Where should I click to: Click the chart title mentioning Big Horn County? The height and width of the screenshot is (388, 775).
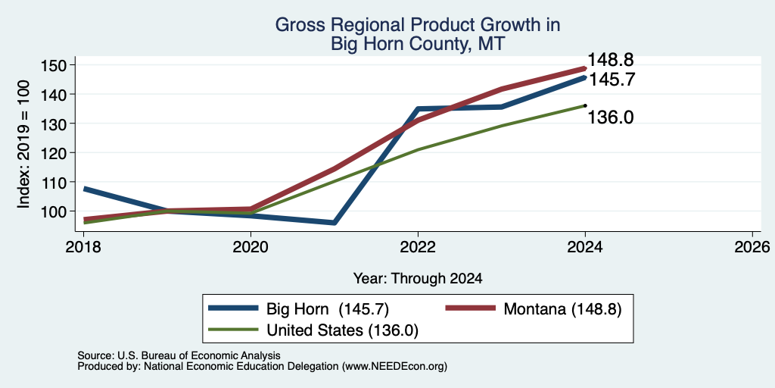(x=418, y=33)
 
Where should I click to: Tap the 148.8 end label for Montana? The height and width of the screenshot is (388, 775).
(x=611, y=60)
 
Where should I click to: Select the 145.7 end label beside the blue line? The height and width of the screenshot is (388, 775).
(x=611, y=79)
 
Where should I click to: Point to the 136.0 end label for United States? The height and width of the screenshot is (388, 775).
(x=611, y=117)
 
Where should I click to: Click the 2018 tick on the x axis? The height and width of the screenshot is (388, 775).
(x=83, y=246)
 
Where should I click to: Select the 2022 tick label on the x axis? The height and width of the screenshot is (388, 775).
(x=418, y=246)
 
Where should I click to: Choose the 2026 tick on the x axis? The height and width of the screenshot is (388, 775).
(x=752, y=246)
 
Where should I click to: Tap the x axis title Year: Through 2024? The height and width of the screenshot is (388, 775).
(x=418, y=278)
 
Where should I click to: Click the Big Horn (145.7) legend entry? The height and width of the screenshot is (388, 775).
(x=299, y=309)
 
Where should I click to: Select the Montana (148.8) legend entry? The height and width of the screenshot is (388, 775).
(x=533, y=309)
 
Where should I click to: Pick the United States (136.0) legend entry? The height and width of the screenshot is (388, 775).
(x=313, y=330)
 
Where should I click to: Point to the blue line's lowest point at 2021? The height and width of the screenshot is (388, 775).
(x=335, y=223)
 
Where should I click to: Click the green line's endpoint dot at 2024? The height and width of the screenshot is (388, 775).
(x=585, y=105)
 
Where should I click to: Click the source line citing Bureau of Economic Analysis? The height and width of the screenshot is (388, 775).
(x=179, y=355)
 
